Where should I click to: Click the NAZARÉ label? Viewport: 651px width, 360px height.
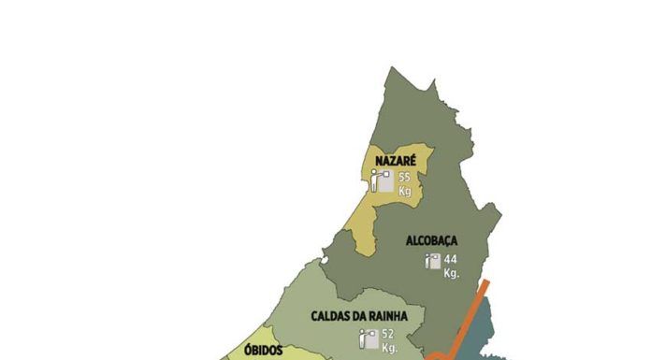click(x=395, y=161)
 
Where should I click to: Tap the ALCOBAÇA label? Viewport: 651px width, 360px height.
click(x=431, y=240)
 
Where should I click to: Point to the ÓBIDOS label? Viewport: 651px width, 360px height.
click(x=263, y=351)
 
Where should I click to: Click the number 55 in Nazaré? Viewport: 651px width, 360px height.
click(x=405, y=177)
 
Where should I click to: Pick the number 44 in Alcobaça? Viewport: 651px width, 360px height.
click(x=451, y=259)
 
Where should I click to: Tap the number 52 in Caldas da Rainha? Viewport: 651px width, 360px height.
click(x=388, y=334)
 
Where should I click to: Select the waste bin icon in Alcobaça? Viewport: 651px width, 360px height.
click(x=433, y=263)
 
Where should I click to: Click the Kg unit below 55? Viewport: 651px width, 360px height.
click(x=405, y=191)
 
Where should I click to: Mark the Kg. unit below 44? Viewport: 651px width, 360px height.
click(x=452, y=273)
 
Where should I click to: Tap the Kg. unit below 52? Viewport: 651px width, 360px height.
click(x=389, y=348)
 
